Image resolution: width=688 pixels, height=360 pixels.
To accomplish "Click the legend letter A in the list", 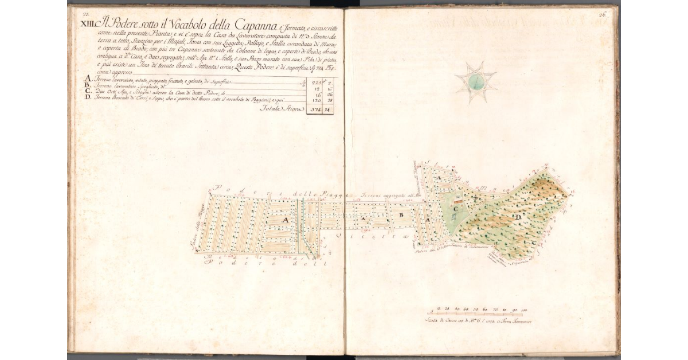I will coord(88,79).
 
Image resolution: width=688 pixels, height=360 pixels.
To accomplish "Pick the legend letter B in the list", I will coord(88,86).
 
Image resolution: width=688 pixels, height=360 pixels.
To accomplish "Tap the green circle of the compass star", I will coord(475,82).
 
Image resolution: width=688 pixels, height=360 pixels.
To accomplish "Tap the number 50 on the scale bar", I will coord(475,310).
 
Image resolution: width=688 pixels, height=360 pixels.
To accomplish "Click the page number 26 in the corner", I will coord(603,15).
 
